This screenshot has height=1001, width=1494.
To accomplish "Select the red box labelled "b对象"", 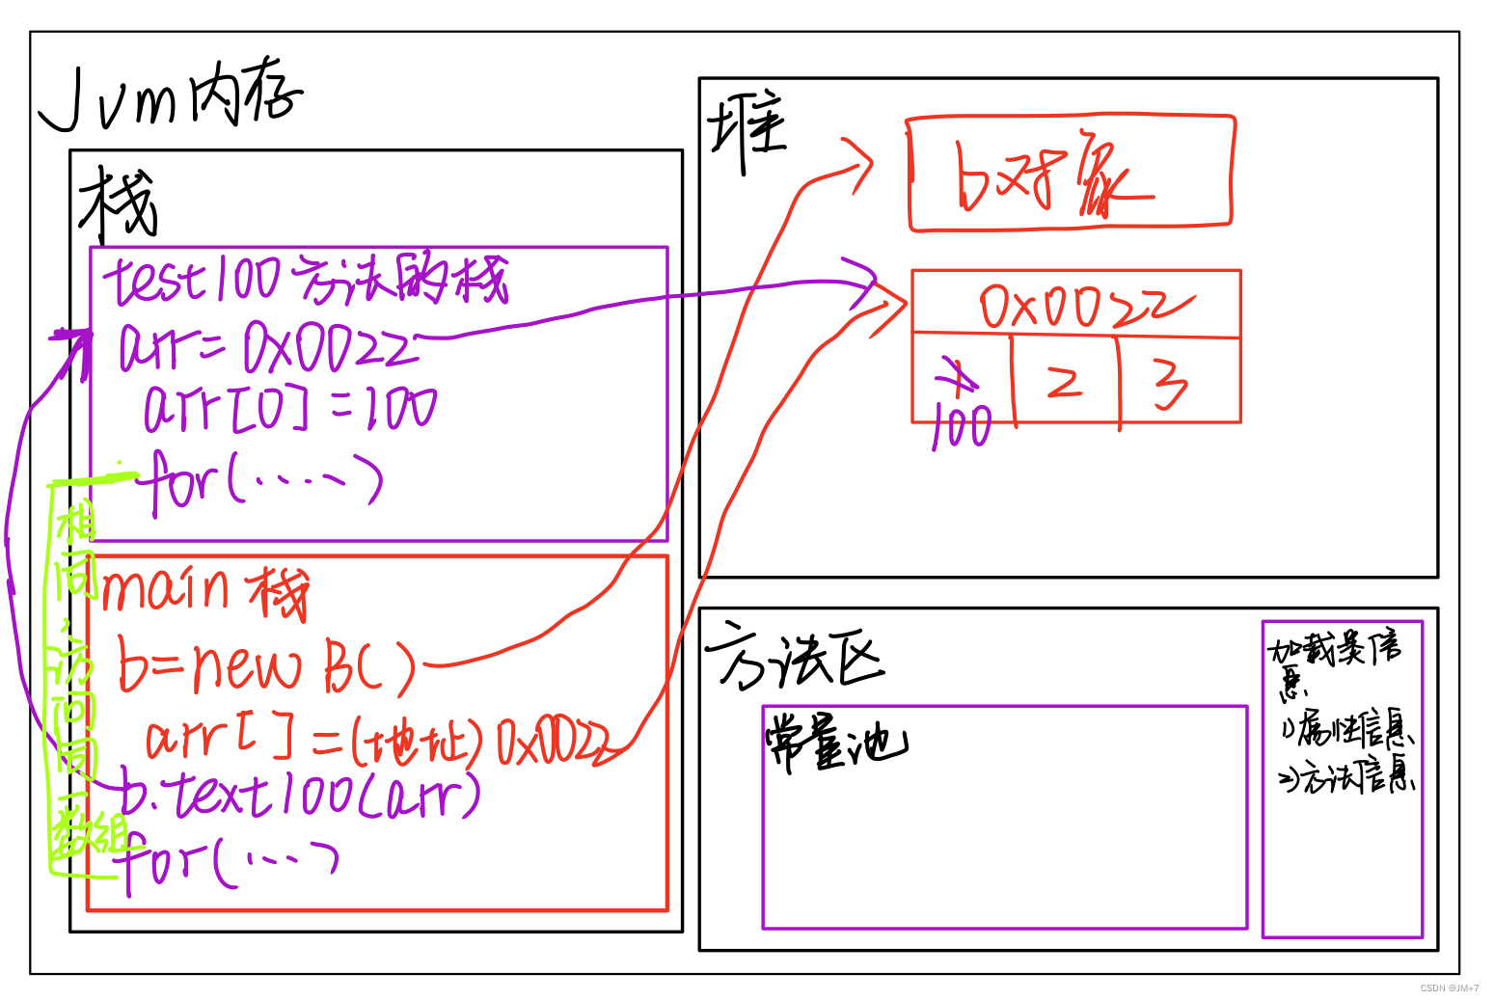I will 1070,174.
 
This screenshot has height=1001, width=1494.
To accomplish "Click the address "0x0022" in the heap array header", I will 1079,306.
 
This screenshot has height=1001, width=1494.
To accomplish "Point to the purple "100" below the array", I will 963,426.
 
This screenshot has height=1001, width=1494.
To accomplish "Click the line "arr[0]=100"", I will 289,408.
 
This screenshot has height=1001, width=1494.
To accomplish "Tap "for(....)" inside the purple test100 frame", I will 261,479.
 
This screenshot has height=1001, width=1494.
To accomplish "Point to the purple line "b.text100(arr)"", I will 300,795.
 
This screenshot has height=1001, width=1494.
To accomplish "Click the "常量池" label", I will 835,744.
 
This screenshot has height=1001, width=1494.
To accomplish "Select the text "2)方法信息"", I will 1346,777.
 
